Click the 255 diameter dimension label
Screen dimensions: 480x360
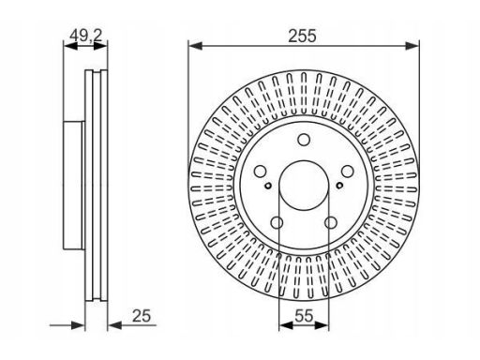click(302, 36)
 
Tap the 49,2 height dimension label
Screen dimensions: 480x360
click(86, 36)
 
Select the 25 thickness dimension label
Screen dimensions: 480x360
click(142, 316)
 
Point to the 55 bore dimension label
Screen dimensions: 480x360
click(304, 316)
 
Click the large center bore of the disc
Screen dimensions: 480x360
click(304, 186)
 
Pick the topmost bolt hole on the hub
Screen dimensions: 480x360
click(304, 140)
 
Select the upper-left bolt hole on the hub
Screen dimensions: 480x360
click(260, 172)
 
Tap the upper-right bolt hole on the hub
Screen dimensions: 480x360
click(347, 172)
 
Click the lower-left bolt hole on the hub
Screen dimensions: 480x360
click(277, 223)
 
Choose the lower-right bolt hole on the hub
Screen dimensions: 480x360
click(331, 223)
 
